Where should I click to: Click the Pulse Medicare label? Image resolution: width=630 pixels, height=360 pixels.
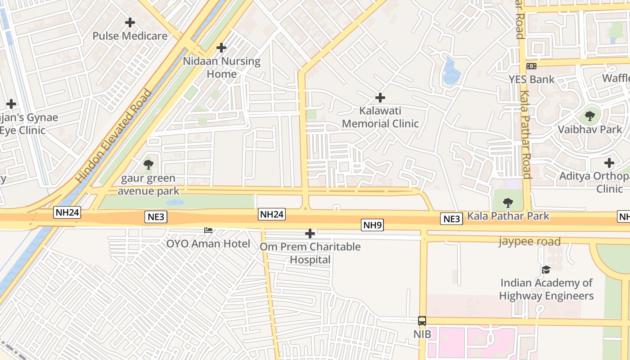tap(130, 36)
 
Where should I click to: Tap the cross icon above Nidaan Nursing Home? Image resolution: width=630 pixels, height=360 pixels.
tap(221, 47)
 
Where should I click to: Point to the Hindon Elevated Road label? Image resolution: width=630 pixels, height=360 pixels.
tap(114, 136)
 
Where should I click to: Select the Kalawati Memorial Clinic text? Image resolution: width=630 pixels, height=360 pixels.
tap(380, 117)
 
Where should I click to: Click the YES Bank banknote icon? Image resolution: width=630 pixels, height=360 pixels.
tap(531, 66)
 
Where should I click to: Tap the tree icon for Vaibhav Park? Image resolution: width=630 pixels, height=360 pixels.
tap(589, 117)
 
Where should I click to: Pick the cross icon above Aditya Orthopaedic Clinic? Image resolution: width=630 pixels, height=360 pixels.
tap(609, 162)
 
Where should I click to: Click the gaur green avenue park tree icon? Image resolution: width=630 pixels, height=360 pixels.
tap(148, 165)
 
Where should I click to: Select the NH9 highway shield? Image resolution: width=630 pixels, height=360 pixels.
tap(372, 225)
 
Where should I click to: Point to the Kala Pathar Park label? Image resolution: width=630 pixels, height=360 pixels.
tap(508, 216)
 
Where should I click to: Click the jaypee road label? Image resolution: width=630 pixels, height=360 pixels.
tap(530, 242)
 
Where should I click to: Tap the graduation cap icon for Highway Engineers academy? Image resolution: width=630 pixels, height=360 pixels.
tap(546, 270)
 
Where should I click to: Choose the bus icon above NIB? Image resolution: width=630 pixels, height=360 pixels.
tap(422, 321)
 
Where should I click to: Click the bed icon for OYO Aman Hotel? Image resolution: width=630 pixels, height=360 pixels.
tap(208, 230)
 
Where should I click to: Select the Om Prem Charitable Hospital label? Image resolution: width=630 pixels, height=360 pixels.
tap(310, 253)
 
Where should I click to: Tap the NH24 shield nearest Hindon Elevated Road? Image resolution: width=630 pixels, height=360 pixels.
tap(67, 212)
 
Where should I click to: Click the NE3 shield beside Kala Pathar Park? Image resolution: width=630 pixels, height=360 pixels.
tap(451, 219)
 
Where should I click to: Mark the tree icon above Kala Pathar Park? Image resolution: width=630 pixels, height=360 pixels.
tap(508, 203)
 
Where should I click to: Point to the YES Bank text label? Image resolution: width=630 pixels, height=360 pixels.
tap(531, 80)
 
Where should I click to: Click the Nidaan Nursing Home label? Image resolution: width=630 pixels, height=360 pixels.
tap(221, 67)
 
